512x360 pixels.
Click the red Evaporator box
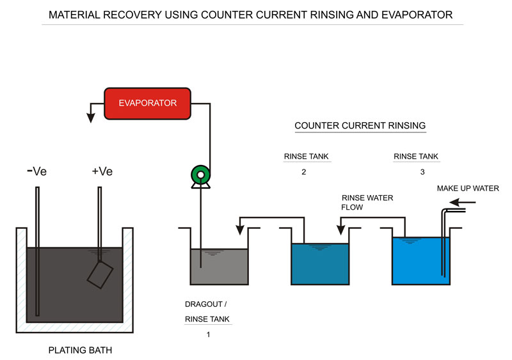[148, 103]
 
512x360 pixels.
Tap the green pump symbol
[200, 175]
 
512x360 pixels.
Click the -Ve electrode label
[36, 171]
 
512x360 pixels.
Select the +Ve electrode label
[102, 171]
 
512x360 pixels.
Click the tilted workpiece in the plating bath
[100, 274]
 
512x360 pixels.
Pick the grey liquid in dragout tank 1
[220, 269]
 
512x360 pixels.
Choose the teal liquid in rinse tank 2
[320, 265]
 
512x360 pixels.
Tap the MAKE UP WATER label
[467, 189]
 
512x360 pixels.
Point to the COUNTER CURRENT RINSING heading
[360, 126]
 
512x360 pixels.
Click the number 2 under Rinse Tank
[303, 171]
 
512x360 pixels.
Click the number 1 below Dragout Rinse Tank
[208, 334]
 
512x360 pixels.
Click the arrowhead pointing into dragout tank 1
[239, 226]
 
